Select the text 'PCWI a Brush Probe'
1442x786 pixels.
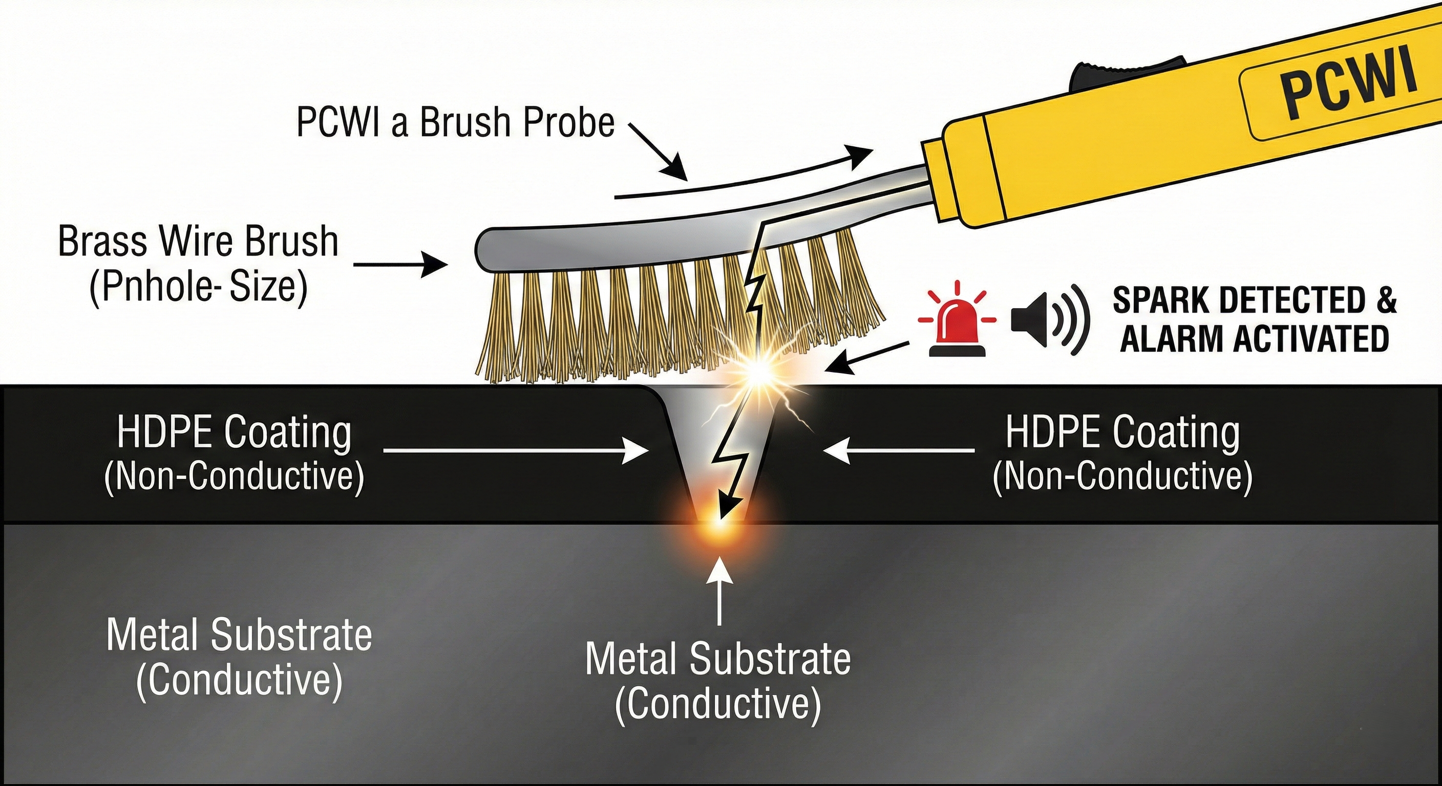(455, 123)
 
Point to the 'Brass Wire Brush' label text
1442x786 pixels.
(198, 242)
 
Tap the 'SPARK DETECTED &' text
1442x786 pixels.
(1254, 301)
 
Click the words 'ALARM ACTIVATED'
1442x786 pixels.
(1254, 340)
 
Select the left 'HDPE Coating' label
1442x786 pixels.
(234, 433)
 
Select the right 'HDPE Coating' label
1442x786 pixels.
(1122, 433)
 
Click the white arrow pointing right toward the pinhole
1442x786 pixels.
(515, 450)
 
